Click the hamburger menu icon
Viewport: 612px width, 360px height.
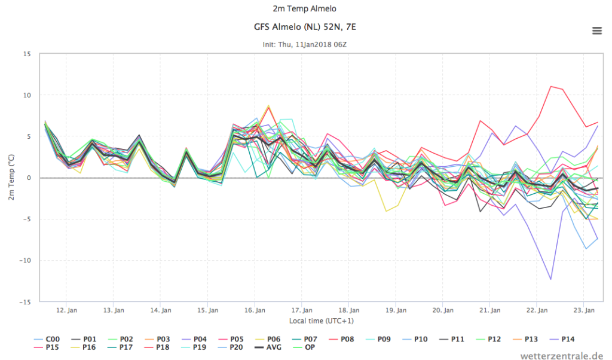(x=597, y=30)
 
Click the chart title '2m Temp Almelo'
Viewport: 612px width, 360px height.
(x=304, y=8)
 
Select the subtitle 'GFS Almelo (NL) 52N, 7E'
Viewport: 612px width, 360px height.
(x=305, y=27)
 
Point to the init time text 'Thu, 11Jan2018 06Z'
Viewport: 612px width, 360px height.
(x=312, y=44)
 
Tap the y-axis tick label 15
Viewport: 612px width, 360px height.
(x=27, y=54)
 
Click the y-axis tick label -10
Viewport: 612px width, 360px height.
(x=25, y=261)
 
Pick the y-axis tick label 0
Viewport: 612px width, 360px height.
(x=29, y=178)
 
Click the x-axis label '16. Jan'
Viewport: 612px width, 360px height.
(x=255, y=310)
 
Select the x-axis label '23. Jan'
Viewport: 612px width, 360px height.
(x=584, y=310)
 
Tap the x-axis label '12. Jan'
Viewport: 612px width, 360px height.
(x=66, y=310)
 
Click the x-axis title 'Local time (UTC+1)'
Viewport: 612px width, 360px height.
(x=321, y=321)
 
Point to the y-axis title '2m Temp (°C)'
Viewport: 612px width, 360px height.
(x=11, y=177)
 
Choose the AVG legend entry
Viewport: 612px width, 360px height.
(x=268, y=347)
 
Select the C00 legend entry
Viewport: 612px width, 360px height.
(x=47, y=339)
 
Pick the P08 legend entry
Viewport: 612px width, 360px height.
(x=341, y=339)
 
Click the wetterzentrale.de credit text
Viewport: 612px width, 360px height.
(x=562, y=355)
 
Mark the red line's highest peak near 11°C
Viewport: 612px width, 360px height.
(x=550, y=86)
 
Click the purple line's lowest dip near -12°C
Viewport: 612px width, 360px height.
(x=550, y=279)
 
